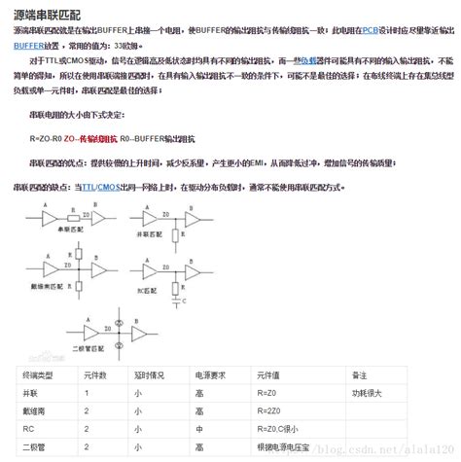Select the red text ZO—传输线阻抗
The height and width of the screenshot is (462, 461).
91,136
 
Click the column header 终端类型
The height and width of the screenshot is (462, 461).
35,374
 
